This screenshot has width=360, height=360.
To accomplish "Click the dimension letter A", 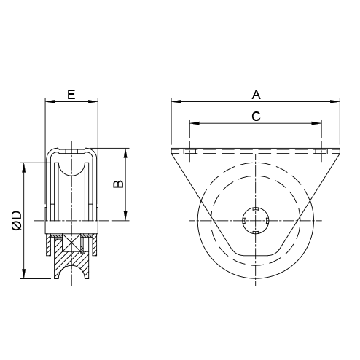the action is click(256, 95).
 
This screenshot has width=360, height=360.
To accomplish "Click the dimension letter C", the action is click(256, 117).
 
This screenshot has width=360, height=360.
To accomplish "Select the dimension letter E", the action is click(71, 95).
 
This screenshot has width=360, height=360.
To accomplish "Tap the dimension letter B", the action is click(119, 184).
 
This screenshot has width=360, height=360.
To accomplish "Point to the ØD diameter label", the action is click(17, 220).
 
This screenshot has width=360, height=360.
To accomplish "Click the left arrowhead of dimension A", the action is click(176, 101).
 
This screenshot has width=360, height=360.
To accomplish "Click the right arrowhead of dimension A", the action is click(334, 101).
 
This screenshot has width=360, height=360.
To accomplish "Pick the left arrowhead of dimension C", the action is click(195, 123).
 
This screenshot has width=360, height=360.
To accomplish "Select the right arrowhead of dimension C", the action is click(316, 123).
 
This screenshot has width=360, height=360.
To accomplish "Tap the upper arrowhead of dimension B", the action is click(125, 153).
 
